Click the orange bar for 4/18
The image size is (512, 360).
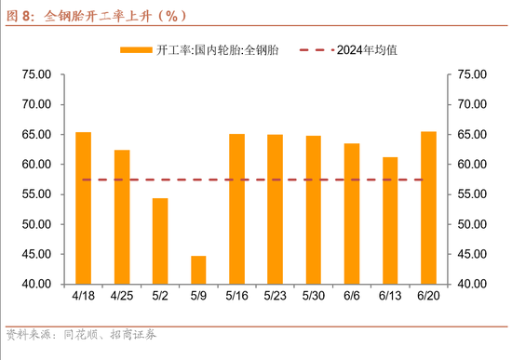click(x=84, y=207)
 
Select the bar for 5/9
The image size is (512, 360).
click(x=198, y=269)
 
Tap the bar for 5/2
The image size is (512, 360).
click(x=160, y=240)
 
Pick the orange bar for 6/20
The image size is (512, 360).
click(x=428, y=207)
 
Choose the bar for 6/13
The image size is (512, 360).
click(x=390, y=220)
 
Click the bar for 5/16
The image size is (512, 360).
click(x=236, y=208)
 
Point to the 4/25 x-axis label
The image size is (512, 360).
click(x=122, y=296)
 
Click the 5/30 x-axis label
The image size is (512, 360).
click(x=314, y=296)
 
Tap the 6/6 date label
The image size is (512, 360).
click(x=352, y=296)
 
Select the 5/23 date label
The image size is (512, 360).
click(x=276, y=296)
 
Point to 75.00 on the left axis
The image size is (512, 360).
click(x=36, y=74)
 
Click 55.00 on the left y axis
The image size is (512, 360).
click(x=36, y=194)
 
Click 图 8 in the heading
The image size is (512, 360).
click(x=20, y=14)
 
